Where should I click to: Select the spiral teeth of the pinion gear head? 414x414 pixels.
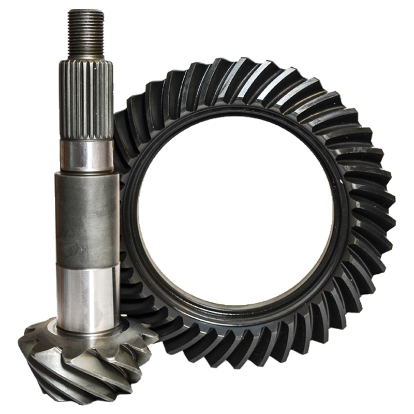(x=78, y=362)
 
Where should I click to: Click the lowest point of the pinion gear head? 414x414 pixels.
(x=93, y=401)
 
